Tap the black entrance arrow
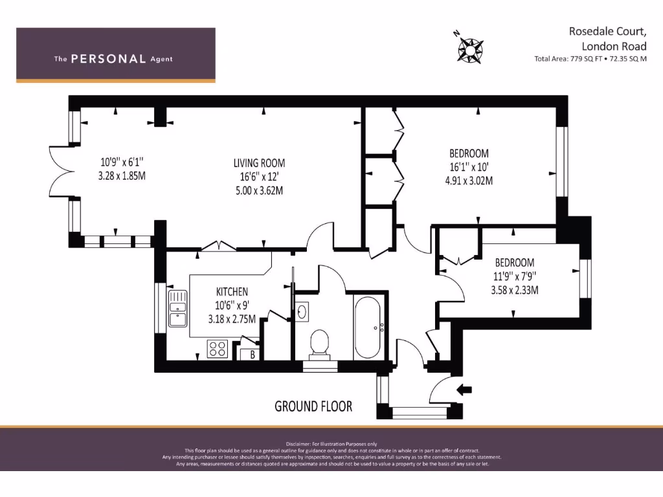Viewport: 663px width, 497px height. click(464, 390)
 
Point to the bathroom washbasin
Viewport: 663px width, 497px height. click(302, 312)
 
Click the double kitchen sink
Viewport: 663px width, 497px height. click(177, 309)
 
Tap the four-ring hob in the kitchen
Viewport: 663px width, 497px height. click(216, 349)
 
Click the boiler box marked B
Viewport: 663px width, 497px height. click(252, 354)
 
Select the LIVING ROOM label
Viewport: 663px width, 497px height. click(259, 163)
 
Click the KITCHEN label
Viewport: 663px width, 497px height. click(232, 292)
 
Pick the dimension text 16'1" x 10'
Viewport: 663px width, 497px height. click(469, 167)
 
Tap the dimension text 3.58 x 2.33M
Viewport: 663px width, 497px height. click(515, 290)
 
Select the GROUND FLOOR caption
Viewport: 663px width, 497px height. click(313, 406)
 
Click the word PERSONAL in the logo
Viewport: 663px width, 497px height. click(108, 59)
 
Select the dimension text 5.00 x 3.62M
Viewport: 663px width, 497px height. click(259, 191)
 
